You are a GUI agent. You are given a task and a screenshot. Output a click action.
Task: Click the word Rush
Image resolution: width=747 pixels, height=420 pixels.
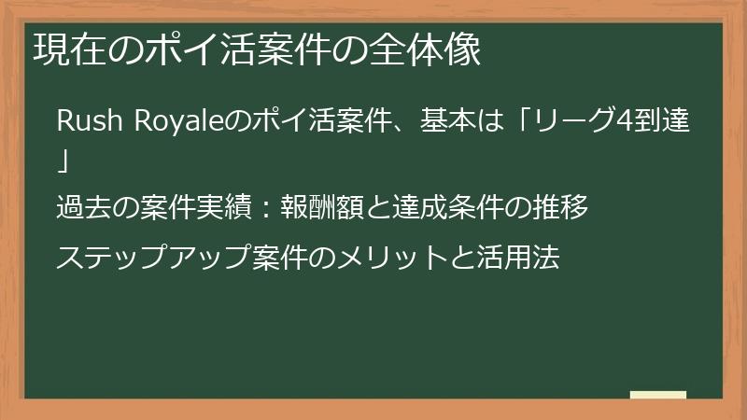[x=83, y=122]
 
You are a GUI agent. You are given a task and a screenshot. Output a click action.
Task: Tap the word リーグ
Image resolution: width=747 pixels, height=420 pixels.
[x=568, y=122]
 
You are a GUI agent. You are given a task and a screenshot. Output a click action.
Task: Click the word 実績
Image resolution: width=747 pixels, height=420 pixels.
[x=226, y=208]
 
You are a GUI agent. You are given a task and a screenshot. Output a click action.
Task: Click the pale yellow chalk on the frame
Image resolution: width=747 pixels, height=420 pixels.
[x=657, y=395]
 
